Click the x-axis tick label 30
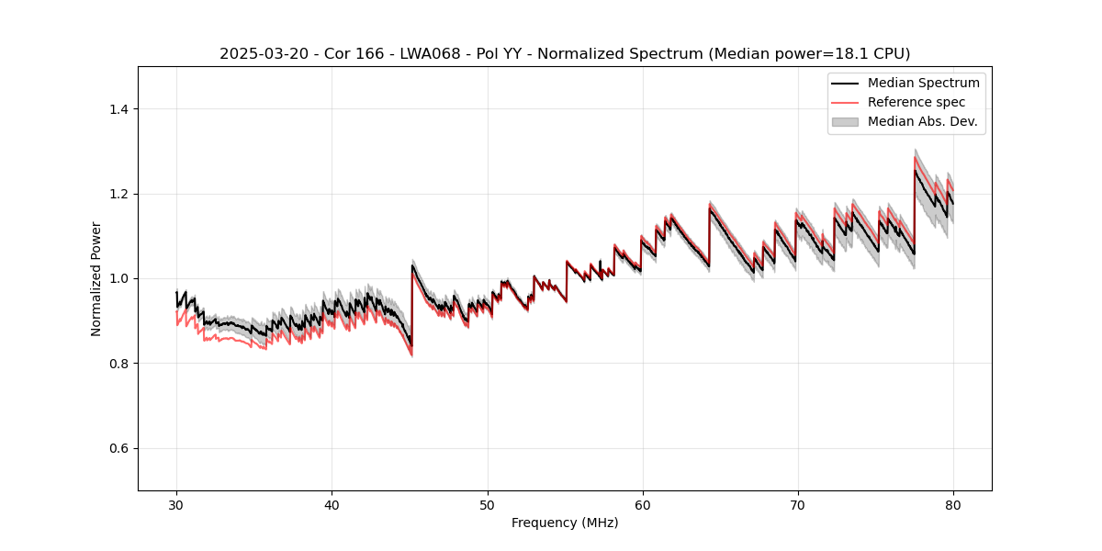tap(176, 505)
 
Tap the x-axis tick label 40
tap(332, 505)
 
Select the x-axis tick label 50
tap(488, 505)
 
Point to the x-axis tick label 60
tap(643, 505)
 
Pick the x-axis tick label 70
tap(798, 505)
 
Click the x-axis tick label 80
tap(953, 505)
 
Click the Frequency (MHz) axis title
tap(565, 523)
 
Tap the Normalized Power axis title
tap(96, 278)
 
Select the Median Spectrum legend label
tap(923, 83)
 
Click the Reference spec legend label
tap(916, 102)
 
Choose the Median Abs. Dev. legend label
tap(922, 121)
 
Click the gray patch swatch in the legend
tap(845, 121)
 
